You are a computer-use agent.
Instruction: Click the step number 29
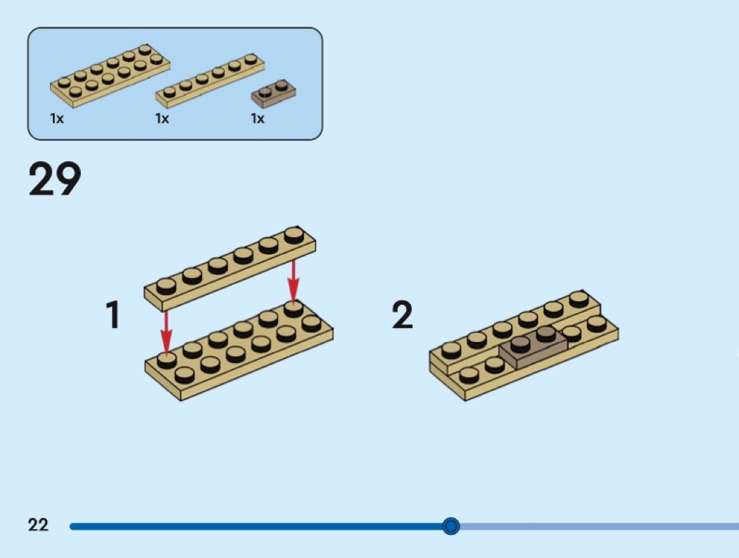(55, 180)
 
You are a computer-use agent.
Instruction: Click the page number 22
(39, 525)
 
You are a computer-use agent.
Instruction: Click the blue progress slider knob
(451, 526)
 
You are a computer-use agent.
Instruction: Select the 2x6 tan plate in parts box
(110, 75)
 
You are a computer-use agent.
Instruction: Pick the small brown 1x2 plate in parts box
(274, 91)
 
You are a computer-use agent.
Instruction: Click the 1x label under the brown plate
(258, 119)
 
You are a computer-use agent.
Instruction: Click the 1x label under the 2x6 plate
(57, 119)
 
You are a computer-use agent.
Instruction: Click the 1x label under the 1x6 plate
(162, 119)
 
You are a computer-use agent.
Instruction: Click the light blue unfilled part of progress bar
(598, 526)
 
